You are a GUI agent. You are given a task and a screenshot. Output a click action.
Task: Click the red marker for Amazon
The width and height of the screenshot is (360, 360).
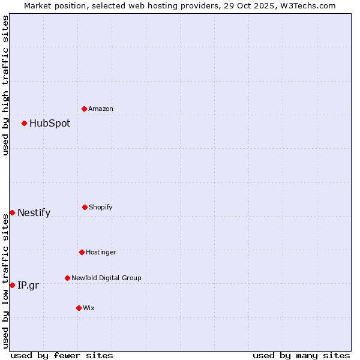(x=85, y=109)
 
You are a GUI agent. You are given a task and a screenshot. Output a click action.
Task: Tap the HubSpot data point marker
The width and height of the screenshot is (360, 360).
(x=25, y=123)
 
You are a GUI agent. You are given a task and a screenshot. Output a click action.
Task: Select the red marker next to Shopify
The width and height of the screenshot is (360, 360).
(x=85, y=207)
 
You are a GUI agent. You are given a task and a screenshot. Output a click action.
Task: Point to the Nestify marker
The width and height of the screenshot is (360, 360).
(x=12, y=212)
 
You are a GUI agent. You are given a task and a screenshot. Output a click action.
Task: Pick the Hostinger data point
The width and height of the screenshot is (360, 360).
(x=82, y=252)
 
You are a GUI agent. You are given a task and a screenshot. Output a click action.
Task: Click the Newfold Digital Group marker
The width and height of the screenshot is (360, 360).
(x=67, y=278)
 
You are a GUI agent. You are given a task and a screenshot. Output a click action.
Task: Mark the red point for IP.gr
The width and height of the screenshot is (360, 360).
(x=12, y=285)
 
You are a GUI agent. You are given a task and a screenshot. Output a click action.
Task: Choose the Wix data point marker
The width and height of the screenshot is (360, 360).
(x=79, y=308)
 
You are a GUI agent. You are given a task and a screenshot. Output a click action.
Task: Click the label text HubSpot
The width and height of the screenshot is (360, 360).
(x=50, y=124)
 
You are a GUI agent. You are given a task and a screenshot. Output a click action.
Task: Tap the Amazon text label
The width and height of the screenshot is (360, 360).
(x=101, y=109)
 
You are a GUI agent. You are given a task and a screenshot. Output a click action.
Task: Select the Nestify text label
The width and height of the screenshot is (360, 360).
(x=34, y=213)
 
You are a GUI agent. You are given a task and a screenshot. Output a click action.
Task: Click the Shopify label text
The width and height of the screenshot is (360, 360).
(x=101, y=208)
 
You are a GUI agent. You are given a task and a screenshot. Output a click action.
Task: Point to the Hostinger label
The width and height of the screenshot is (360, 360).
(x=101, y=253)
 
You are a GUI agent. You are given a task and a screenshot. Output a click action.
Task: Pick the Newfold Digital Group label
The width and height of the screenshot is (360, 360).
(x=106, y=278)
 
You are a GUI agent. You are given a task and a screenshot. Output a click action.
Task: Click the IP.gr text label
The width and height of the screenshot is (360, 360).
(x=28, y=286)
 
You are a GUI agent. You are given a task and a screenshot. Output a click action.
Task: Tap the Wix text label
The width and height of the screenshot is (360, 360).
(x=89, y=308)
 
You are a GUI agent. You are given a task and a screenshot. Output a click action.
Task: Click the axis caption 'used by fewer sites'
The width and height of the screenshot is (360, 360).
(x=62, y=355)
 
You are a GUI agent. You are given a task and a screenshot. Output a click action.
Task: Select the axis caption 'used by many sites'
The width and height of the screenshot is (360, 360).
(x=301, y=355)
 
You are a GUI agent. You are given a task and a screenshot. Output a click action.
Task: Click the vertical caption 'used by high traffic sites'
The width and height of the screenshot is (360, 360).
(x=5, y=85)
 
